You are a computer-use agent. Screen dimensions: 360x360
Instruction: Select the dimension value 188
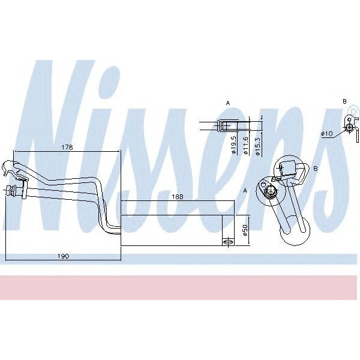coord(177,196)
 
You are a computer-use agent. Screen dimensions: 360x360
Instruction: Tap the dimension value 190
coord(64,256)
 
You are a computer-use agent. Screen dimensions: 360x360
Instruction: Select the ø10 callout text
coord(327,133)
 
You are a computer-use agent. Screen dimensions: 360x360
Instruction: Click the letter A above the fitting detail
coord(227,104)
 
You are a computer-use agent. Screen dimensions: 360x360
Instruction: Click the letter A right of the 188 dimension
coord(245,190)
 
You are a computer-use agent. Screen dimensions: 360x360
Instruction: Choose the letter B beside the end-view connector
coord(315,170)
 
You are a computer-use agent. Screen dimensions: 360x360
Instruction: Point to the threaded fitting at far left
coord(11,192)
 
